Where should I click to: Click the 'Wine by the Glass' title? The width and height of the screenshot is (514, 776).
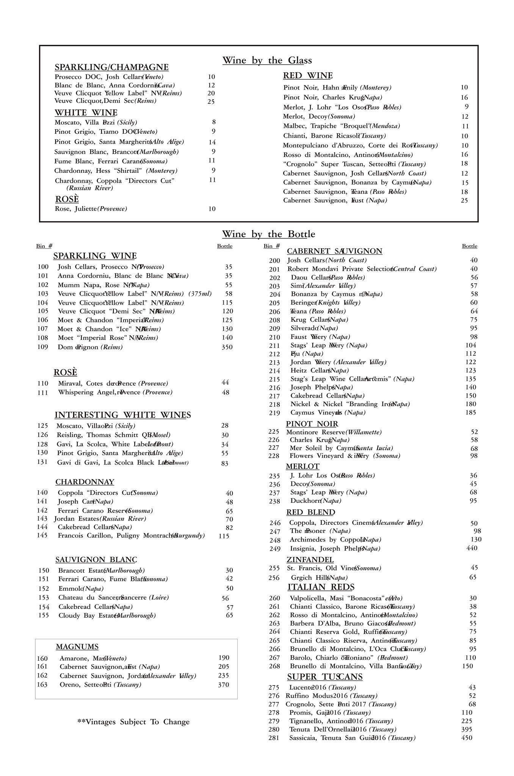267,60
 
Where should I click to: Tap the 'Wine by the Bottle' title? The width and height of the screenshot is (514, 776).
268,234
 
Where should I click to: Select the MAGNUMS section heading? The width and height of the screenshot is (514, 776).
77,646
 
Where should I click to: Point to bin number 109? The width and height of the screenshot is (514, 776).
43,347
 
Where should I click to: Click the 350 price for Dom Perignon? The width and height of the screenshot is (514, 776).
227,347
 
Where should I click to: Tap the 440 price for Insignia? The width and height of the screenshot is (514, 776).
472,548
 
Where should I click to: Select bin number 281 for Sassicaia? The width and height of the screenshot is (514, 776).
274,738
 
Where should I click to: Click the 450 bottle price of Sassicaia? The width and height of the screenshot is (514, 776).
467,738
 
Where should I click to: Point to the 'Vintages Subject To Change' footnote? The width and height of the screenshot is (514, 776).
133,722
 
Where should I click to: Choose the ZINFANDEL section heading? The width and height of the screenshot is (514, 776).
310,560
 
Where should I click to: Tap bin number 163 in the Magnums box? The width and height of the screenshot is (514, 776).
42,685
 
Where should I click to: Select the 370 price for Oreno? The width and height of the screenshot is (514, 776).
224,685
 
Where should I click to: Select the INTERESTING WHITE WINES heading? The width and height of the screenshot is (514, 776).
122,415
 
